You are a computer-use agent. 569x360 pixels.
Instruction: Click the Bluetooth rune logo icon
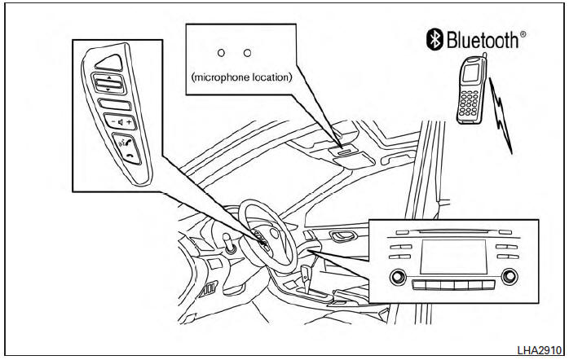pyautogui.click(x=434, y=38)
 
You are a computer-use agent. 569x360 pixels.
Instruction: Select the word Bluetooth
pyautogui.click(x=481, y=39)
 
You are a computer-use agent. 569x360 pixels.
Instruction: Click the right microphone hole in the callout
pyautogui.click(x=247, y=52)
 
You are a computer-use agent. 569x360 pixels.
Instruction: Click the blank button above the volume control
pyautogui.click(x=113, y=103)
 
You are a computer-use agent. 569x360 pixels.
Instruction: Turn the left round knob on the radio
pyautogui.click(x=399, y=276)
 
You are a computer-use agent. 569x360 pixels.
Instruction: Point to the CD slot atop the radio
pyautogui.click(x=452, y=231)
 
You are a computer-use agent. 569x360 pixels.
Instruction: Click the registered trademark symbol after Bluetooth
pyautogui.click(x=523, y=33)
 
